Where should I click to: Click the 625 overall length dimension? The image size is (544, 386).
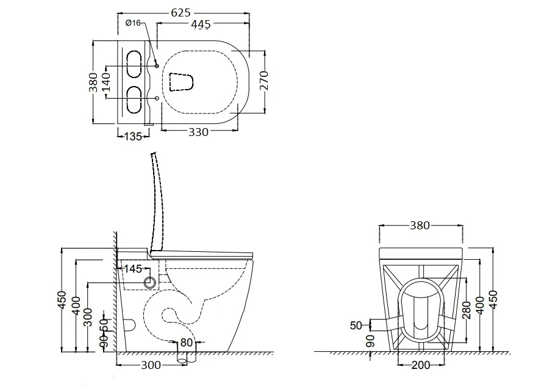click(x=181, y=12)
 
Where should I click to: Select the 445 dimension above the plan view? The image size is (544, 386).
click(x=201, y=24)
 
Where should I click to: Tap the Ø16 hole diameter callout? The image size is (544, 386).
click(x=133, y=23)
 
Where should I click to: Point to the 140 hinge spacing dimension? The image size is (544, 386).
click(x=106, y=82)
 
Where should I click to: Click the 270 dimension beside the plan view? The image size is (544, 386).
click(x=264, y=80)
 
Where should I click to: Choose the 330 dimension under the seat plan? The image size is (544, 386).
click(x=198, y=132)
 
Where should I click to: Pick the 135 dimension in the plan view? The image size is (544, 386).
click(x=133, y=137)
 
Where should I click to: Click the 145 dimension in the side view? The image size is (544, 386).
click(x=133, y=268)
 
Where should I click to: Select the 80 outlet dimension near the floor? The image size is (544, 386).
click(x=186, y=342)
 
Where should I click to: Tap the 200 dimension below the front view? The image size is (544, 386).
click(x=420, y=365)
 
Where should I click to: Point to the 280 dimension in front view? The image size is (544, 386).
click(x=467, y=310)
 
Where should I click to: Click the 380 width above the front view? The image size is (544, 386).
click(x=420, y=226)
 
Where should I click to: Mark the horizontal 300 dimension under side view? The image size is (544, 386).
click(x=151, y=365)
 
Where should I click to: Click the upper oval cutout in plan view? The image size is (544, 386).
click(x=134, y=64)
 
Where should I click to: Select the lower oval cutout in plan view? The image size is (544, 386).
click(x=134, y=99)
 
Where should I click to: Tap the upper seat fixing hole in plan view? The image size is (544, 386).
click(x=157, y=66)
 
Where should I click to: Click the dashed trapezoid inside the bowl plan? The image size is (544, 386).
click(x=181, y=82)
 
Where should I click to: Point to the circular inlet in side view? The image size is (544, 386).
click(x=150, y=282)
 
